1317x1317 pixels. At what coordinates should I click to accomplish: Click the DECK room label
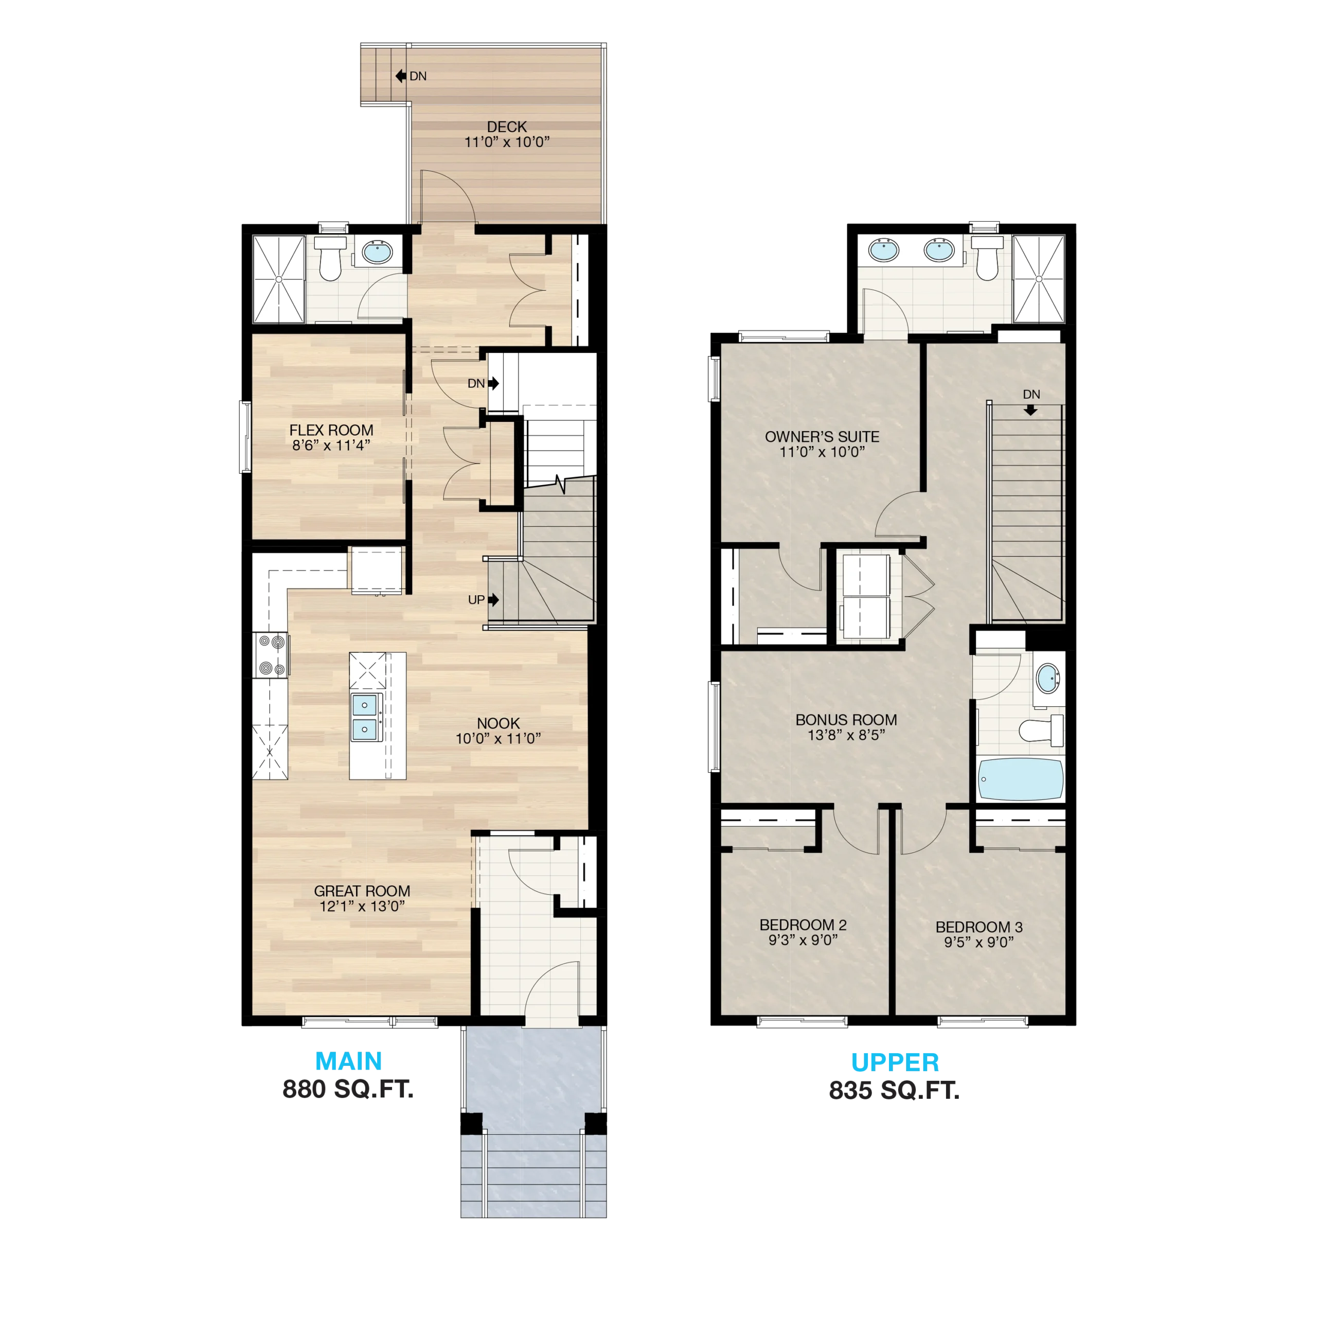pyautogui.click(x=507, y=127)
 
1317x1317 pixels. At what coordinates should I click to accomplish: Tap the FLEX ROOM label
pyautogui.click(x=331, y=430)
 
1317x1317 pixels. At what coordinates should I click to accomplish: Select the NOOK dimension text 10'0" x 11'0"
pyautogui.click(x=499, y=738)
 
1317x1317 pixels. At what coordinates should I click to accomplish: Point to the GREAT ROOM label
pyautogui.click(x=362, y=891)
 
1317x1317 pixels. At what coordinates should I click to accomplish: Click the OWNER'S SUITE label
pyautogui.click(x=822, y=437)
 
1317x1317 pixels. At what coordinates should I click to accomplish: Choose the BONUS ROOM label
pyautogui.click(x=846, y=720)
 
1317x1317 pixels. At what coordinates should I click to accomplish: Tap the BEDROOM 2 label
pyautogui.click(x=803, y=925)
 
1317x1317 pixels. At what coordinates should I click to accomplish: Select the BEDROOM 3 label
pyautogui.click(x=979, y=927)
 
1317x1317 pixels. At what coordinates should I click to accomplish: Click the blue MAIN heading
pyautogui.click(x=348, y=1061)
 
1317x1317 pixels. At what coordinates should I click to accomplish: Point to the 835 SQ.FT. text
pyautogui.click(x=894, y=1091)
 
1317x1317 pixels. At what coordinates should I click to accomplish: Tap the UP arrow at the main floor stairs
pyautogui.click(x=493, y=600)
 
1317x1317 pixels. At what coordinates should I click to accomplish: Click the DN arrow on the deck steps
pyautogui.click(x=401, y=76)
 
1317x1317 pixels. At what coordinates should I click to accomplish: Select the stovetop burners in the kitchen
pyautogui.click(x=271, y=655)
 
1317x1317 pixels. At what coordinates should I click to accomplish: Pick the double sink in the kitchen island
pyautogui.click(x=365, y=717)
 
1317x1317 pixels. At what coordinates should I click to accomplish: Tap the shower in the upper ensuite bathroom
pyautogui.click(x=1038, y=279)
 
